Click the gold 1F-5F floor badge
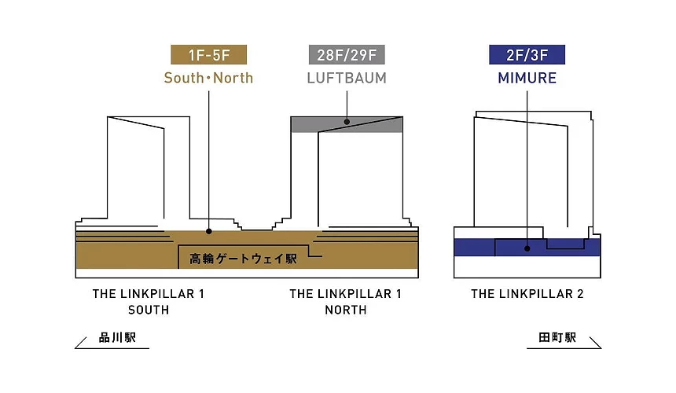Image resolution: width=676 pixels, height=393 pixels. (x=208, y=55)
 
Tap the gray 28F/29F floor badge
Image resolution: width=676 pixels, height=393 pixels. (x=347, y=55)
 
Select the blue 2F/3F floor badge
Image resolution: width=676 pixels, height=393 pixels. (x=527, y=55)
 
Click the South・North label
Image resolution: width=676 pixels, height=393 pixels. (x=208, y=78)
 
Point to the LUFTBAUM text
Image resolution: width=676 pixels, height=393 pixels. (x=347, y=78)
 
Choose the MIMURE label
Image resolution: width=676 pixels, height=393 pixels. (x=527, y=78)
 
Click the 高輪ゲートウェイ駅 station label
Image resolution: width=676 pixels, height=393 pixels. (x=243, y=259)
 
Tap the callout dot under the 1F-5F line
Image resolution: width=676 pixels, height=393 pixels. (x=208, y=231)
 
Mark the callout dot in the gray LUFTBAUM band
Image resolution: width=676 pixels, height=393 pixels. (x=347, y=122)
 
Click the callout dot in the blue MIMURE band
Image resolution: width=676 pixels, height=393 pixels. (x=527, y=248)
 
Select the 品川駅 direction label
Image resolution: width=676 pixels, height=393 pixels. (x=117, y=337)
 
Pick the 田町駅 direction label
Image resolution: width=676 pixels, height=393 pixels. (x=557, y=337)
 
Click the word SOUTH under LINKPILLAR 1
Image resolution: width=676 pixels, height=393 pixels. (x=149, y=310)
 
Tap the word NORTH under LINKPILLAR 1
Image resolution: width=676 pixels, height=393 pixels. (x=346, y=310)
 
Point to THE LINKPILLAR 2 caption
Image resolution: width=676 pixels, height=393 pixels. (x=527, y=294)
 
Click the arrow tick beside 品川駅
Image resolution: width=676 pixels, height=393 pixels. (x=81, y=343)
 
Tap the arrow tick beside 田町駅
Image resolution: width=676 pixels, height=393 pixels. (x=595, y=343)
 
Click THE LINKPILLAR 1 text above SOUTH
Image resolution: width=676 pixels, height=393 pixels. (x=149, y=294)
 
